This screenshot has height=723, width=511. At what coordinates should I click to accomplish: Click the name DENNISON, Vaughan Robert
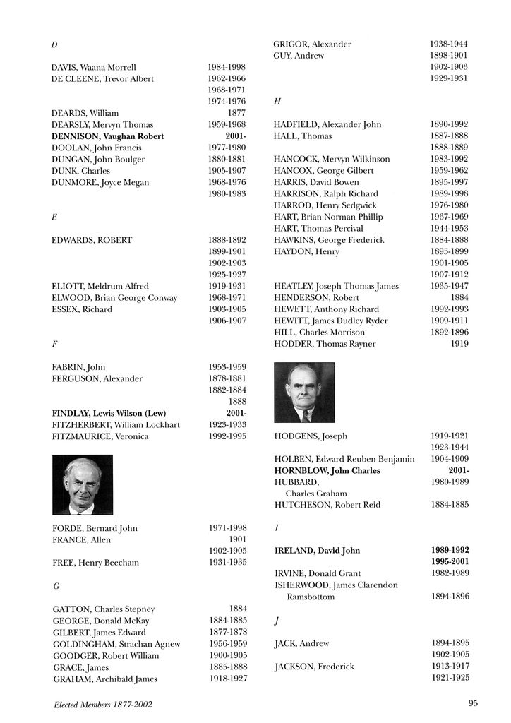pyautogui.click(x=107, y=136)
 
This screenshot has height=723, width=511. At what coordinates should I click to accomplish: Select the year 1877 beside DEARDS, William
pyautogui.click(x=236, y=113)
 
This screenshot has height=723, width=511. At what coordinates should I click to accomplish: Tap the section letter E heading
pyautogui.click(x=54, y=217)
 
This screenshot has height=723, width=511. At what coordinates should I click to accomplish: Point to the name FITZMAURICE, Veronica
pyautogui.click(x=100, y=436)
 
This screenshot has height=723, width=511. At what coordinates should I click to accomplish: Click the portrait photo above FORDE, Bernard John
pyautogui.click(x=83, y=484)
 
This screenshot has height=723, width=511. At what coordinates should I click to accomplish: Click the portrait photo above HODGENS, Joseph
pyautogui.click(x=304, y=393)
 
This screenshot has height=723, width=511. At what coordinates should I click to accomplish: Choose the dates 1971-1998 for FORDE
pyautogui.click(x=227, y=528)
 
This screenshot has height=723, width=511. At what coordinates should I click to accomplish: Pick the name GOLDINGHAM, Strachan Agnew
pyautogui.click(x=116, y=644)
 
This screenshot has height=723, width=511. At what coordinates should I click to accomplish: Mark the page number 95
pyautogui.click(x=473, y=703)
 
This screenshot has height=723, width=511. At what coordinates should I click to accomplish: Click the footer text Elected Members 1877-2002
pyautogui.click(x=103, y=704)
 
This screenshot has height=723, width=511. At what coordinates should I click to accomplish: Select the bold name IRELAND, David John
pyautogui.click(x=317, y=550)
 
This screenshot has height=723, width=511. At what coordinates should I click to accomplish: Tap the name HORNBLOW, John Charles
pyautogui.click(x=327, y=470)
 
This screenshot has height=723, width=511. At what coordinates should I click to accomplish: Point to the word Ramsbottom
pyautogui.click(x=311, y=597)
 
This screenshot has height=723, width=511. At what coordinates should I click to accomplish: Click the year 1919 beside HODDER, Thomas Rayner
pyautogui.click(x=459, y=344)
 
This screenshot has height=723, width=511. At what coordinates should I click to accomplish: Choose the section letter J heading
pyautogui.click(x=276, y=620)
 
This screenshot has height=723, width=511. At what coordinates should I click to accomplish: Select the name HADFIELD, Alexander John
pyautogui.click(x=327, y=124)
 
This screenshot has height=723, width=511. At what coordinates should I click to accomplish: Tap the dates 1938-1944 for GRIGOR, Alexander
pyautogui.click(x=449, y=44)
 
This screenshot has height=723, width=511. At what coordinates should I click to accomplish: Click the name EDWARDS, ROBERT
pyautogui.click(x=92, y=240)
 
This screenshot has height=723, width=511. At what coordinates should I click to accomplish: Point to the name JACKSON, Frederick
pyautogui.click(x=314, y=667)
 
